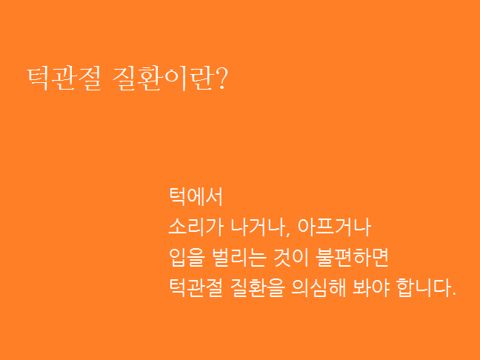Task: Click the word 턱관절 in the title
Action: point(64,79)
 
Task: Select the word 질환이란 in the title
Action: point(162,79)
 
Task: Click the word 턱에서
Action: point(196,196)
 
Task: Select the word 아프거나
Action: point(334,227)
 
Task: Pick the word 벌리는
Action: point(240,258)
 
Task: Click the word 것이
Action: point(291,258)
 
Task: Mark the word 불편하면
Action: point(353,258)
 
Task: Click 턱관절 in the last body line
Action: point(196,287)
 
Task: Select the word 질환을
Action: point(258,287)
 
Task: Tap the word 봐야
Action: point(371,287)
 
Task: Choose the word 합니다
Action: point(424,287)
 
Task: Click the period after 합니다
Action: point(453,294)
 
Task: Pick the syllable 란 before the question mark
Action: point(200,79)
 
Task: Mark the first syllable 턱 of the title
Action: point(39,79)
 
